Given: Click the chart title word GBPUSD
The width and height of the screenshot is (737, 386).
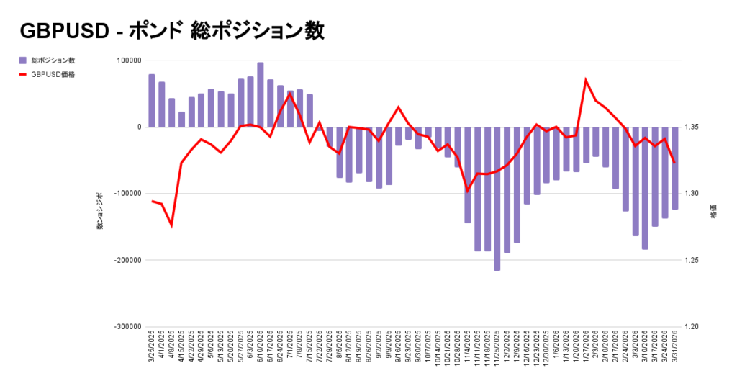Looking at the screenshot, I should (58, 31).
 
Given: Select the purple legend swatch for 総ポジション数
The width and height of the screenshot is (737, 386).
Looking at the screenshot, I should (23, 60).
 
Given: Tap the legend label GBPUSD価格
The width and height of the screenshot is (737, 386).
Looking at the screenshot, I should (53, 73).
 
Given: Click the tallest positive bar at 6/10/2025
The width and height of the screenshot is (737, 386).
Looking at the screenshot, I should (260, 94).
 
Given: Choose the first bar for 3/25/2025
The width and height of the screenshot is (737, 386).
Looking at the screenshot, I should (152, 100).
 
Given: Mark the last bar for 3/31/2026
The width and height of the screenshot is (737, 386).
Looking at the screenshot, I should (675, 168).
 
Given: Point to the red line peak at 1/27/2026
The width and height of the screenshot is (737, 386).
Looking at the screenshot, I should (586, 80).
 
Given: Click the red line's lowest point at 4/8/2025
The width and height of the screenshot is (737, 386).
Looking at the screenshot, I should (171, 225).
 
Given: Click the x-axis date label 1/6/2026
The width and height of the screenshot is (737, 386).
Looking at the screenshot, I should (556, 350).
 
